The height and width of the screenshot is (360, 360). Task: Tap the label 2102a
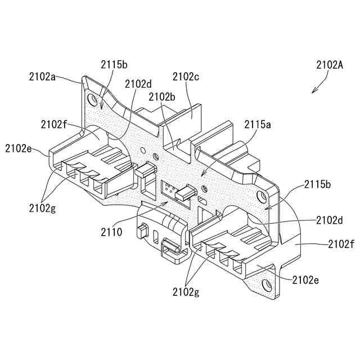[41, 75]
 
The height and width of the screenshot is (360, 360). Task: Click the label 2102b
[163, 96]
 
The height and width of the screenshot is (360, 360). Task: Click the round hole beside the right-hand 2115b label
[262, 196]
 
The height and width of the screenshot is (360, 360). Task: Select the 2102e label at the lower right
[305, 280]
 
